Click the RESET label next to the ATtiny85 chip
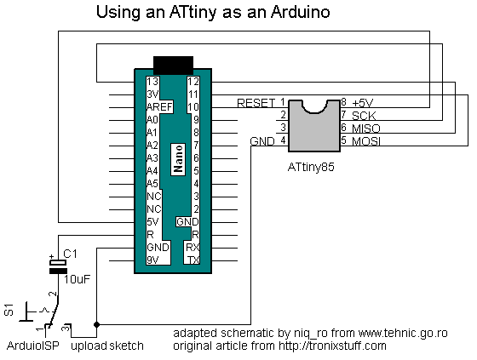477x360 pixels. point(256,103)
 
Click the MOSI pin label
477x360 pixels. point(366,140)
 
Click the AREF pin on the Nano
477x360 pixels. point(159,107)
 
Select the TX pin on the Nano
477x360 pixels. point(193,260)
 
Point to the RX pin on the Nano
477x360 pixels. point(193,247)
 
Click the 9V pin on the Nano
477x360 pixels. point(153,260)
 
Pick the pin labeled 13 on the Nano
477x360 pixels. point(152,82)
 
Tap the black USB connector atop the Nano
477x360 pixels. point(175,66)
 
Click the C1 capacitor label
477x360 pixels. point(71,254)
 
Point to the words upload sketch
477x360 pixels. point(106,346)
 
